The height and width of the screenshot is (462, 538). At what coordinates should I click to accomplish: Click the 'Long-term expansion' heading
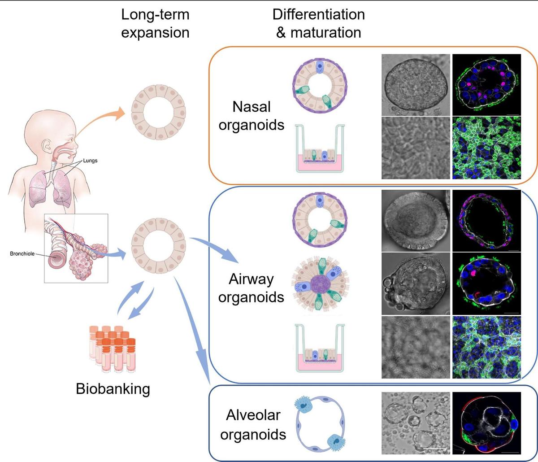click(x=155, y=23)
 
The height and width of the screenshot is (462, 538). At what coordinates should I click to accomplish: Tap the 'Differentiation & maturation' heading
click(x=318, y=23)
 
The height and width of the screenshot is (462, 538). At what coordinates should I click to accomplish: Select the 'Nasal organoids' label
click(x=251, y=115)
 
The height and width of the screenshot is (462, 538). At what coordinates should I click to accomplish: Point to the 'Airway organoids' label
click(x=251, y=288)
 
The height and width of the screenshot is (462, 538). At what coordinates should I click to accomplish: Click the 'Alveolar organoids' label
click(x=253, y=424)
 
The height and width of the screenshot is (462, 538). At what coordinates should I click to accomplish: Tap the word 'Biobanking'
click(x=113, y=388)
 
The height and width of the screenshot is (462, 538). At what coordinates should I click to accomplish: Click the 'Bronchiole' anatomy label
click(x=22, y=254)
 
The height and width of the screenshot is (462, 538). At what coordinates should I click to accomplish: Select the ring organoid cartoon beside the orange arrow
click(x=158, y=112)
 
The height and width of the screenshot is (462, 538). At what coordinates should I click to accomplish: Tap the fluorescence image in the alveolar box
click(x=487, y=423)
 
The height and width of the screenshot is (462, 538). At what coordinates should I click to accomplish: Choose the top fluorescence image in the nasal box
click(x=487, y=85)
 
